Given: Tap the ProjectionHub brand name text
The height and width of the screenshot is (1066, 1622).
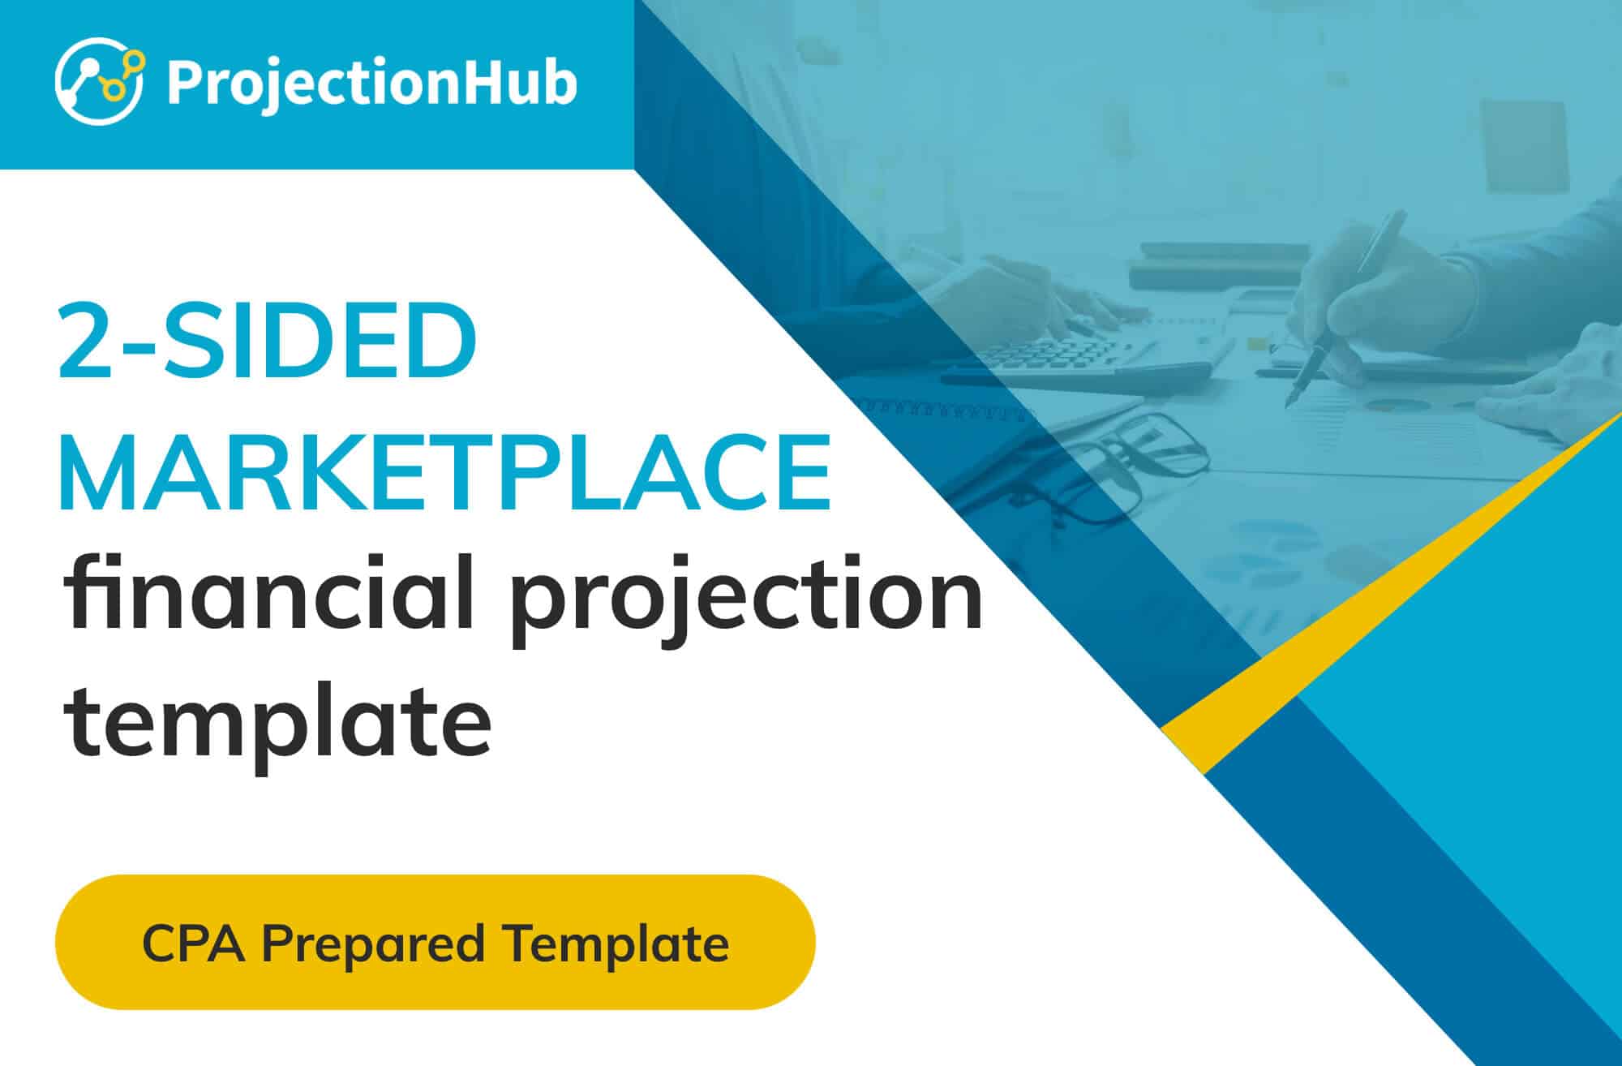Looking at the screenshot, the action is pos(372,84).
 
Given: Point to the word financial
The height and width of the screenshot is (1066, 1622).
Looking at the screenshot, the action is pos(268,592).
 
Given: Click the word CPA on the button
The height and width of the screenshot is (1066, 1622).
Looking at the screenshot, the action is pos(194,943).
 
